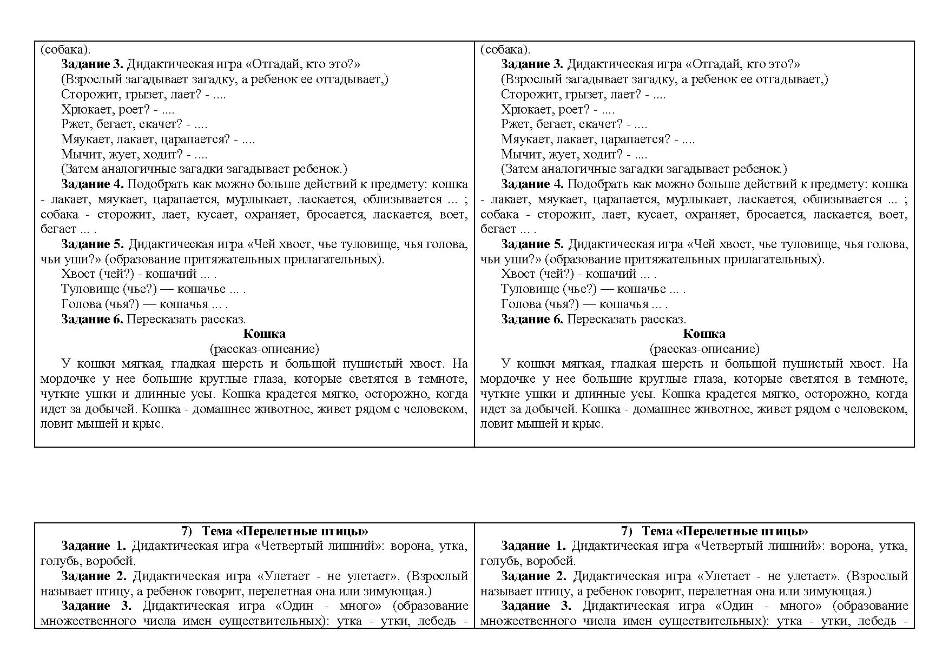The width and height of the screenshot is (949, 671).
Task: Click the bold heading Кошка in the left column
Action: [x=264, y=334]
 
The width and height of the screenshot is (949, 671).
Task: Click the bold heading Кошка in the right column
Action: [x=704, y=334]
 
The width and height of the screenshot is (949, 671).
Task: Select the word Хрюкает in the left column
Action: [x=83, y=110]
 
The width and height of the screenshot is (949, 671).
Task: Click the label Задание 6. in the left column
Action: [x=93, y=319]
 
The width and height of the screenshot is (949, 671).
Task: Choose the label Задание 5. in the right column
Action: [x=532, y=244]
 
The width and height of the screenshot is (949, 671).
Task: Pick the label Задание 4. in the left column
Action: [x=93, y=184]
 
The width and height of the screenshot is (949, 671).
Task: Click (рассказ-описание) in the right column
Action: [x=704, y=349]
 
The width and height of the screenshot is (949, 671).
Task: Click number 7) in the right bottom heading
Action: [x=626, y=531]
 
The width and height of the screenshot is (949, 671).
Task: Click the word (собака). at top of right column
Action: [x=505, y=50]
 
